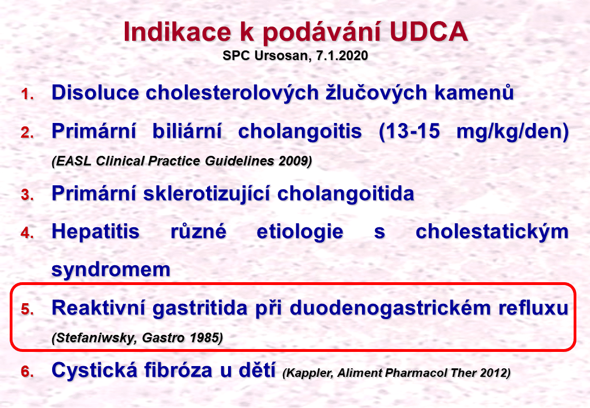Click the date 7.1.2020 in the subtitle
[x=342, y=56]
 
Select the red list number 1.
[x=27, y=94]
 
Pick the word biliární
[x=187, y=131]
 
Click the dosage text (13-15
[x=409, y=131]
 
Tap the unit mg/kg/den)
[x=512, y=132]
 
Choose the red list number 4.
[x=27, y=233]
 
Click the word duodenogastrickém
[x=390, y=309]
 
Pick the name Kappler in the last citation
[x=308, y=373]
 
